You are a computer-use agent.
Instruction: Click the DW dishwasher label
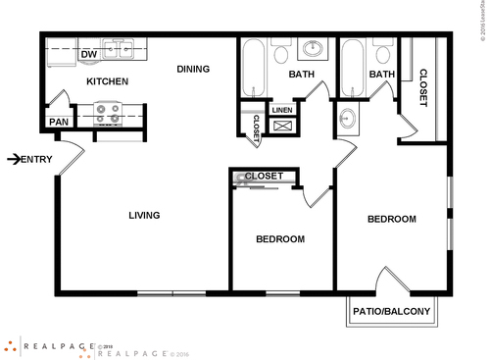pyautogui.click(x=87, y=54)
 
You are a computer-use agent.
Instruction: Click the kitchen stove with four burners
pyautogui.click(x=108, y=115)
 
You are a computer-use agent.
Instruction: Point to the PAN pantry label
pyautogui.click(x=57, y=123)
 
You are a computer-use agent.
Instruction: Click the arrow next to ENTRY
pyautogui.click(x=12, y=159)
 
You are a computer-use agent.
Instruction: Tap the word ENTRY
pyautogui.click(x=36, y=159)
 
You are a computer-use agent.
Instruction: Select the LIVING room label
pyautogui.click(x=144, y=215)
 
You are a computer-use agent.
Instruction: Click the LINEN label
pyautogui.click(x=282, y=110)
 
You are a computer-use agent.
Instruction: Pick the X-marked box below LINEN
pyautogui.click(x=282, y=126)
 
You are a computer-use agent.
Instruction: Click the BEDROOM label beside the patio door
pyautogui.click(x=392, y=219)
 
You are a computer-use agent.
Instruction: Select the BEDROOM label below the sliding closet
pyautogui.click(x=280, y=239)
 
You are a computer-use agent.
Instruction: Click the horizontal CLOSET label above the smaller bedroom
pyautogui.click(x=264, y=176)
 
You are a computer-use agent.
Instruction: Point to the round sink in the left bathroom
pyautogui.click(x=315, y=48)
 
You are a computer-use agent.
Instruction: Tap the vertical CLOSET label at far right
pyautogui.click(x=424, y=88)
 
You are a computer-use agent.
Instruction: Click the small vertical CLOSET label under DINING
pyautogui.click(x=257, y=129)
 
